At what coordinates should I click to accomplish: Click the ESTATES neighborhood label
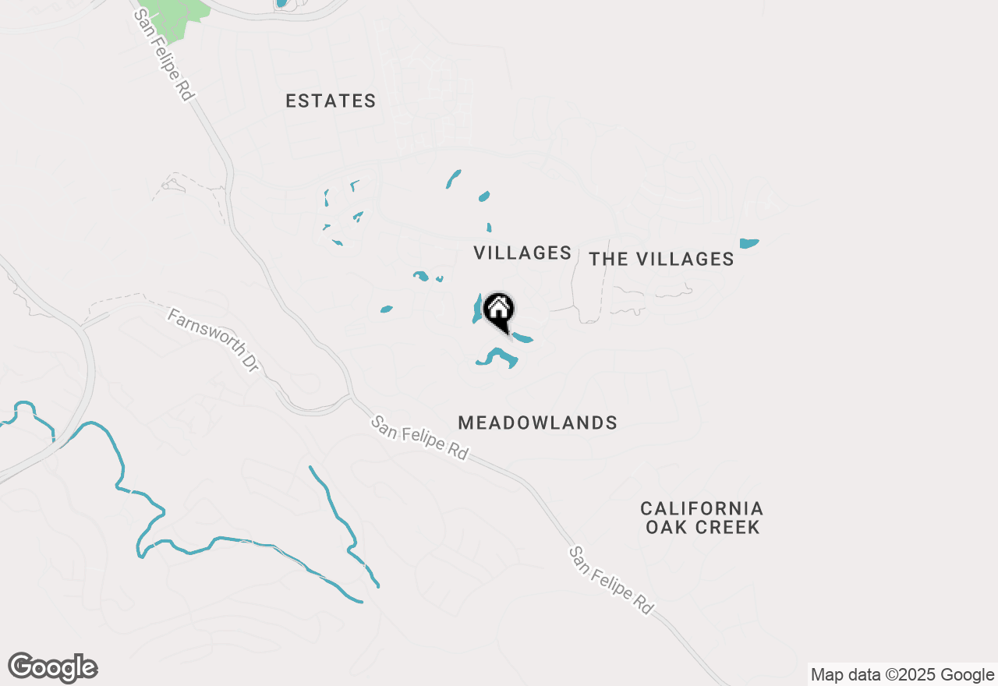tap(331, 101)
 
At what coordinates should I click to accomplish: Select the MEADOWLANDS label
tap(538, 423)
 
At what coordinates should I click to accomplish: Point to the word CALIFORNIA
tap(702, 509)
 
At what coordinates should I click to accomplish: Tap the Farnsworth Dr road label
tap(212, 340)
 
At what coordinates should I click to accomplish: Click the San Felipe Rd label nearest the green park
tap(163, 55)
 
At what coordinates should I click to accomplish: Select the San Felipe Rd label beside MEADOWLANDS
tap(419, 437)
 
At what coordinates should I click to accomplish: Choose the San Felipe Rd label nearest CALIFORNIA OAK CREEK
tap(610, 580)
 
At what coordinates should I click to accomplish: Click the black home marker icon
tap(499, 310)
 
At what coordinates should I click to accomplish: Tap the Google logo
tap(53, 668)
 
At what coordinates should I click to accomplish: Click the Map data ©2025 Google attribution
tap(902, 675)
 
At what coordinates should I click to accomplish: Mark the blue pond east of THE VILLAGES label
tap(748, 243)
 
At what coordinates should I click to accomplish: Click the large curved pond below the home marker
tap(499, 358)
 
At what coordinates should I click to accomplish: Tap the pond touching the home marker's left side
tap(476, 311)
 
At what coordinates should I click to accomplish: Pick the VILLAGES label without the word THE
tap(523, 253)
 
